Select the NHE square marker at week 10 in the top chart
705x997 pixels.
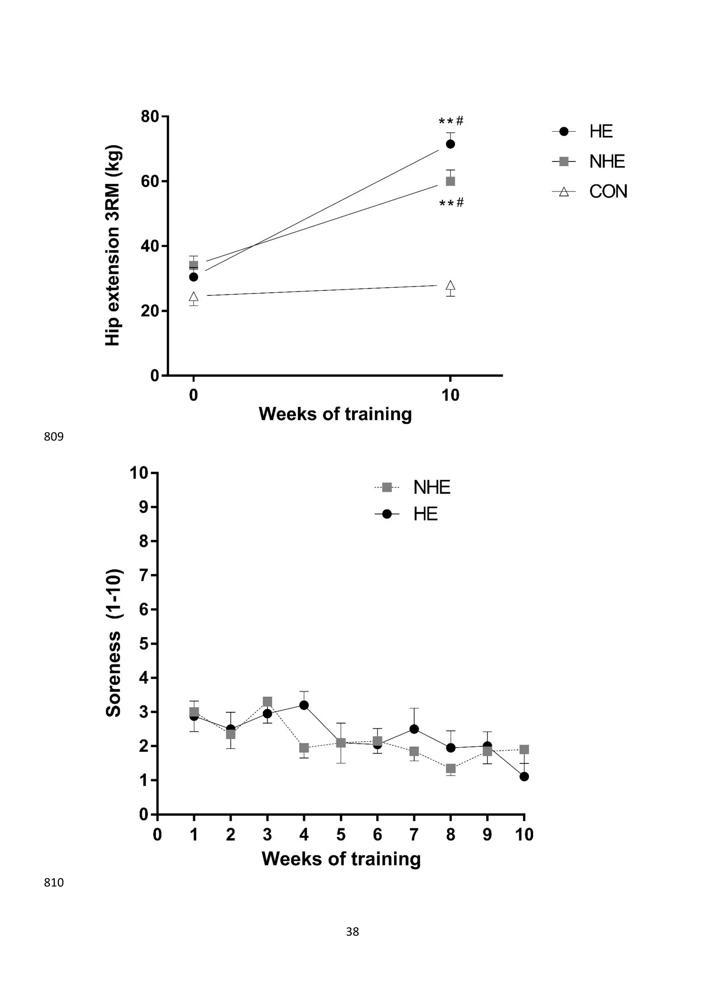(x=450, y=181)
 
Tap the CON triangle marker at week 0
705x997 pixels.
(x=193, y=297)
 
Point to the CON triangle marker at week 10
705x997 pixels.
(x=450, y=285)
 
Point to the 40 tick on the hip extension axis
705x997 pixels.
(x=150, y=246)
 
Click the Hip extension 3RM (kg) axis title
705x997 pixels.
(x=113, y=245)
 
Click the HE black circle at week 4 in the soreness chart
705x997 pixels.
(x=304, y=705)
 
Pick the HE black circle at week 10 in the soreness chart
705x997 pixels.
(x=524, y=776)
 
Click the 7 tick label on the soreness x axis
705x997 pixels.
(x=414, y=834)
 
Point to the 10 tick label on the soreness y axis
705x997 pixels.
(x=139, y=473)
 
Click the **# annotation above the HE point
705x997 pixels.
(x=451, y=121)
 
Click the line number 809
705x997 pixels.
(x=53, y=437)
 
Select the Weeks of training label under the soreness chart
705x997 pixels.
(x=341, y=859)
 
